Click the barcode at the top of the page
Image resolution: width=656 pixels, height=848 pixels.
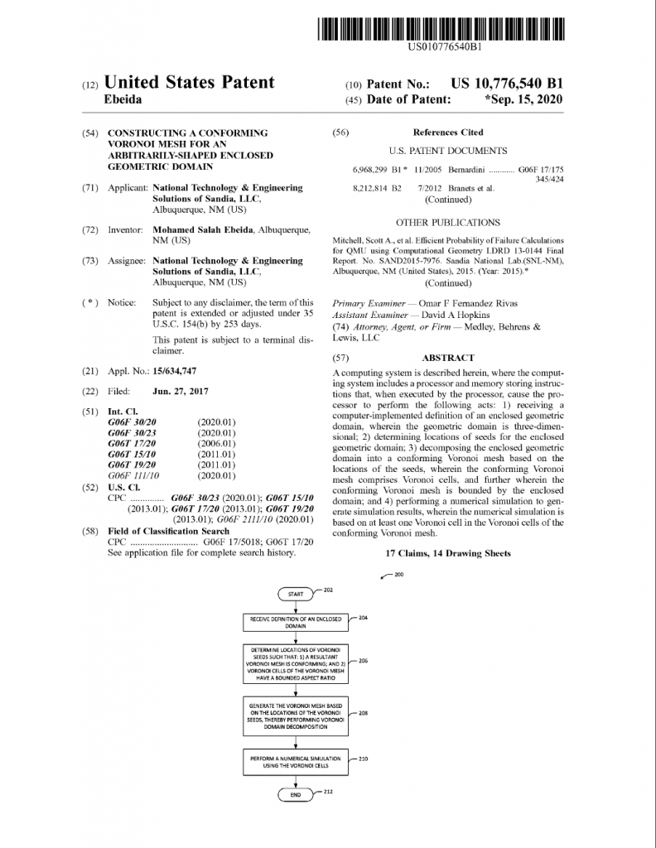tap(444, 29)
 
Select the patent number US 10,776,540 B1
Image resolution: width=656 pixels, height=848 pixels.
tap(507, 84)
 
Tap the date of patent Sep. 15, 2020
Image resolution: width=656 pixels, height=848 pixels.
tap(525, 99)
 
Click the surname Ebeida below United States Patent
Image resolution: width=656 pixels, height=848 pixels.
tap(123, 99)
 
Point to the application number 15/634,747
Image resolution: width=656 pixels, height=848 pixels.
tap(175, 370)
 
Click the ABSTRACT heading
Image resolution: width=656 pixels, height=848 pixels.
tap(448, 358)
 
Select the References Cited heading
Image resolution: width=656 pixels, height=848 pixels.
tap(448, 132)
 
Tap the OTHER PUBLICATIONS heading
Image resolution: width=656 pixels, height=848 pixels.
tap(448, 222)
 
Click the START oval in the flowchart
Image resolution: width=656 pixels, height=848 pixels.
tap(296, 594)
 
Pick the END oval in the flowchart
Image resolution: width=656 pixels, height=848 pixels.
tap(296, 793)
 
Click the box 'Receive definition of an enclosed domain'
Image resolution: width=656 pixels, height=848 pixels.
tap(296, 623)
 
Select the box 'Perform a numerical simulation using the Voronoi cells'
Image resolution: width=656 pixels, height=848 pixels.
tap(296, 761)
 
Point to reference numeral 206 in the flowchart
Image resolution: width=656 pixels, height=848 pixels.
tap(363, 661)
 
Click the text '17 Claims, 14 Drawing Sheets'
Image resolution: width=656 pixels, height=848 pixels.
tap(448, 552)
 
